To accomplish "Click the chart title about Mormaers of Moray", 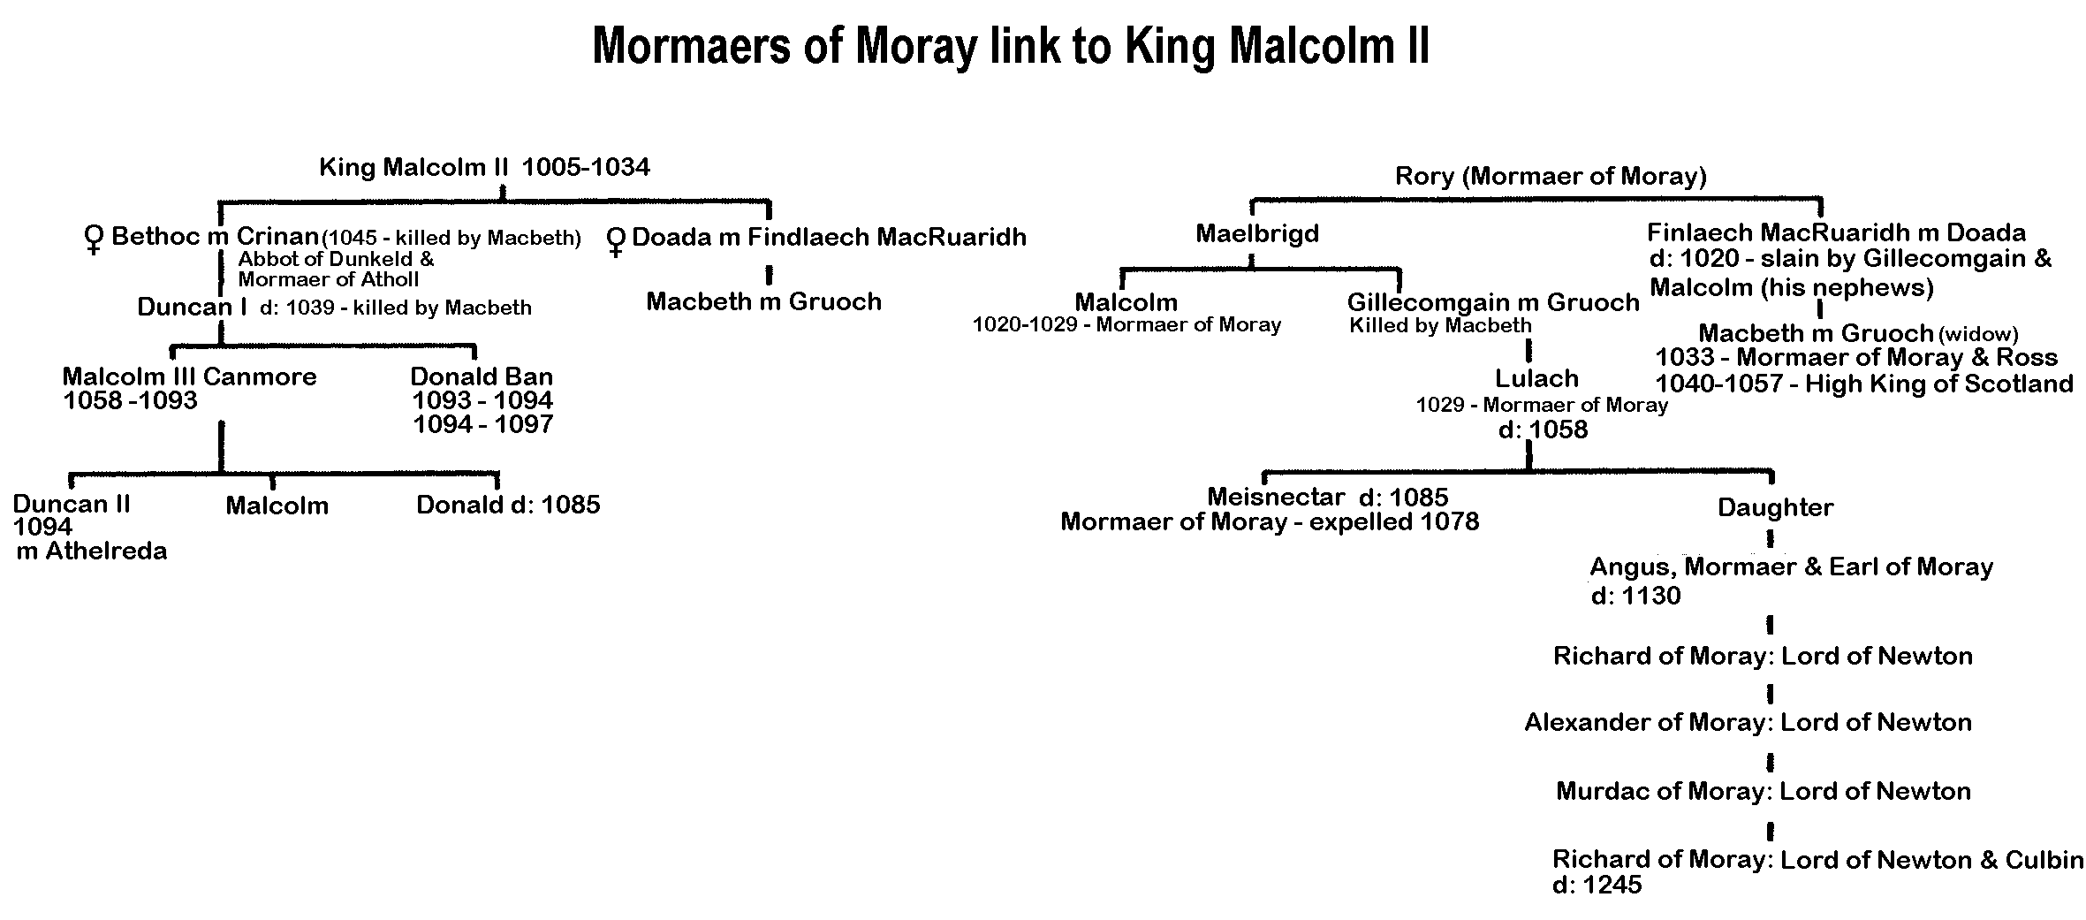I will tap(1010, 46).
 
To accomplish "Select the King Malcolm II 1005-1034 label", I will tap(484, 167).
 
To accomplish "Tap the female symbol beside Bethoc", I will tap(92, 240).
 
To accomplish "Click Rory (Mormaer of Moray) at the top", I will tap(1551, 176).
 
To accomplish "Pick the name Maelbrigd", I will tap(1256, 233).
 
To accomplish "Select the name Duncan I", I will tap(192, 307).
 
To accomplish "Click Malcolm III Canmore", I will tap(189, 376).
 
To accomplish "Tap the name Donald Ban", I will tap(482, 376).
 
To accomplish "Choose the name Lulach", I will tap(1536, 378).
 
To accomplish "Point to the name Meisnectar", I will tap(1276, 497).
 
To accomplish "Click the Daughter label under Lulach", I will tap(1775, 507).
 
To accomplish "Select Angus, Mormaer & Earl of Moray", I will tap(1791, 566).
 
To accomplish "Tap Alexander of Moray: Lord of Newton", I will tap(1748, 722).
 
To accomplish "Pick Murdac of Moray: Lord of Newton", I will tap(1763, 790).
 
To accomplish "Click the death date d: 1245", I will tap(1597, 885).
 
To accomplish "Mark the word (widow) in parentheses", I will tap(1978, 334).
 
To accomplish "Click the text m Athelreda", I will tap(92, 551).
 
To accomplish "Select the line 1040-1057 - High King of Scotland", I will tap(1863, 384).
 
